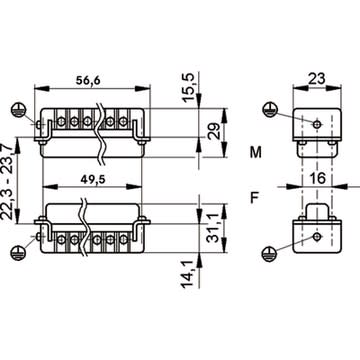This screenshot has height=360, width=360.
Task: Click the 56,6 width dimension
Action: click(x=88, y=80)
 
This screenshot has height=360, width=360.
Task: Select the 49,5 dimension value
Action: click(x=93, y=179)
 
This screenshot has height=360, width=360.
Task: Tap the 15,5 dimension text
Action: click(x=188, y=87)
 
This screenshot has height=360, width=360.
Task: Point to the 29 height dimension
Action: click(x=216, y=131)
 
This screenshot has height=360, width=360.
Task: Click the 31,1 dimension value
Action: click(x=216, y=228)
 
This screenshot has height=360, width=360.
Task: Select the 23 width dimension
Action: click(x=317, y=79)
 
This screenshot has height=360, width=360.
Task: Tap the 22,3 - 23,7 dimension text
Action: click(x=8, y=182)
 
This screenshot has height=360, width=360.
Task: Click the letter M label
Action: click(x=256, y=152)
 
